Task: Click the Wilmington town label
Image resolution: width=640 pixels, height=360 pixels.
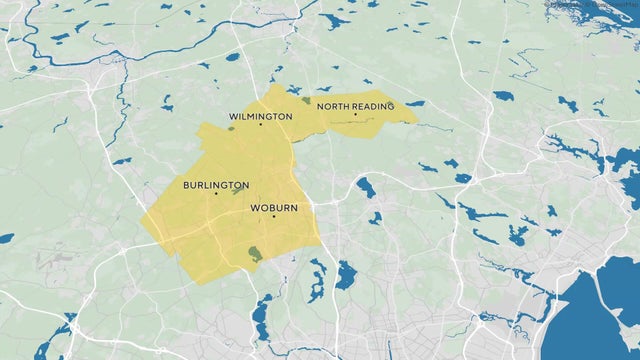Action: pyautogui.click(x=260, y=116)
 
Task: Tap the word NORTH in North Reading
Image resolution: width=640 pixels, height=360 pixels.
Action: pyautogui.click(x=332, y=105)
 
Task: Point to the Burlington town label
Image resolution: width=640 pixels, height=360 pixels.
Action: pyautogui.click(x=216, y=185)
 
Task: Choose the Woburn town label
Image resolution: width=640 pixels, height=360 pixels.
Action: pyautogui.click(x=273, y=208)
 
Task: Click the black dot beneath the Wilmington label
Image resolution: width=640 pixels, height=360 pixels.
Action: pyautogui.click(x=261, y=124)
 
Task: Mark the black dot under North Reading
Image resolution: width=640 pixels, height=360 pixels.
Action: pyautogui.click(x=355, y=114)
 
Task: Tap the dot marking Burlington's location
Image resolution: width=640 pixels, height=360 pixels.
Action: pyautogui.click(x=216, y=193)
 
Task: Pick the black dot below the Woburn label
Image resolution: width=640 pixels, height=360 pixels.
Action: pyautogui.click(x=273, y=216)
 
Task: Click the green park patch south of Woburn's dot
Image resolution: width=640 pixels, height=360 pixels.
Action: pyautogui.click(x=256, y=254)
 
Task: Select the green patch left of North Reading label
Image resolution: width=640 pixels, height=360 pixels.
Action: pyautogui.click(x=304, y=100)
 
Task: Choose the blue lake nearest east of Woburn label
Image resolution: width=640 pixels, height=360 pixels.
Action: pyautogui.click(x=365, y=187)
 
